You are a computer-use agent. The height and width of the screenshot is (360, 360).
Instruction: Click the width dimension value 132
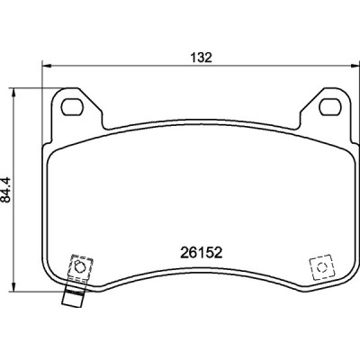point(202,57)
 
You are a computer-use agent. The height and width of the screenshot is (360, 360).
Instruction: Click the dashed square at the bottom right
point(319,267)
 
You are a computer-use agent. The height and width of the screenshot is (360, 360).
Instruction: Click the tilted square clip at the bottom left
point(77,269)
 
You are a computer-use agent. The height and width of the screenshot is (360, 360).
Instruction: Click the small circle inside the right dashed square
point(319,267)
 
